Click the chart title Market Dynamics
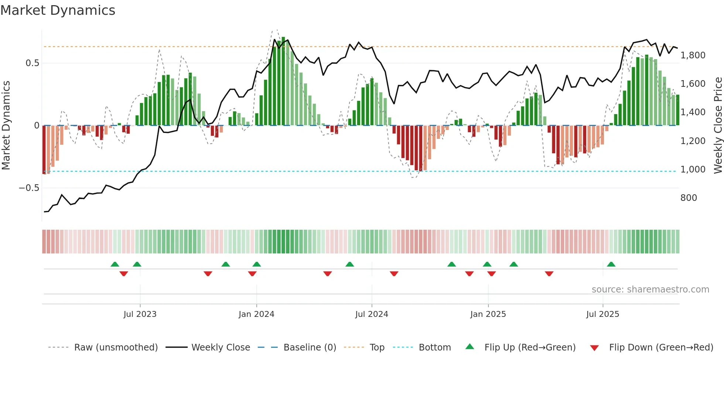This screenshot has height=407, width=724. click(x=58, y=10)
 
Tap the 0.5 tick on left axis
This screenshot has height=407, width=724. click(x=32, y=63)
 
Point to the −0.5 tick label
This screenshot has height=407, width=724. click(x=29, y=188)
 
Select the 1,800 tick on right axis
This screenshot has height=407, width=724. click(x=693, y=55)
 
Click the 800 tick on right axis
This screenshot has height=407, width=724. click(x=689, y=198)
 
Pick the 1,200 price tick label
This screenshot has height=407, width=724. click(x=693, y=141)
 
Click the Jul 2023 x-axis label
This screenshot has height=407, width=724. click(x=140, y=314)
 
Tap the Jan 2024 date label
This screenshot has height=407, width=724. click(x=256, y=314)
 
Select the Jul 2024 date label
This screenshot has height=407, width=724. click(x=372, y=314)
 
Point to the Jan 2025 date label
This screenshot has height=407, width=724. click(x=488, y=314)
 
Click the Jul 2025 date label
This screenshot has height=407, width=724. click(x=602, y=314)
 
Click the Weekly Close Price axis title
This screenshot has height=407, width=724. click(x=718, y=125)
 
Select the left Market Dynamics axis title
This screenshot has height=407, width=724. click(x=6, y=125)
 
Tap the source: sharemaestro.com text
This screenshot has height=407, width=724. click(x=650, y=290)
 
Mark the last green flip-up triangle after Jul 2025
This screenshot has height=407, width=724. click(x=611, y=264)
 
